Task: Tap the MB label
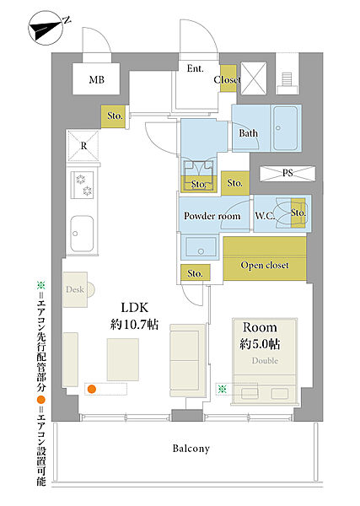click(x=96, y=80)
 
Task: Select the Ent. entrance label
click(x=195, y=69)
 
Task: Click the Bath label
click(x=249, y=133)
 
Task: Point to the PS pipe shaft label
click(x=287, y=173)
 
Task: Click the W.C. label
click(x=266, y=216)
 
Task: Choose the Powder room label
click(x=212, y=216)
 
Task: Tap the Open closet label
click(x=265, y=266)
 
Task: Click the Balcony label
click(x=191, y=449)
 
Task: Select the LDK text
click(x=135, y=308)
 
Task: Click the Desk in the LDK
click(x=76, y=289)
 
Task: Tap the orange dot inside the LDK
click(x=92, y=389)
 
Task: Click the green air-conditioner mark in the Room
click(x=222, y=389)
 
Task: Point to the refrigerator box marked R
click(x=83, y=146)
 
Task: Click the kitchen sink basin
click(x=83, y=234)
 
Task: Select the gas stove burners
click(x=83, y=185)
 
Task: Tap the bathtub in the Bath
click(x=286, y=128)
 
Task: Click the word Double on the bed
click(x=265, y=361)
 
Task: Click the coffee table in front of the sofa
click(x=123, y=359)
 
